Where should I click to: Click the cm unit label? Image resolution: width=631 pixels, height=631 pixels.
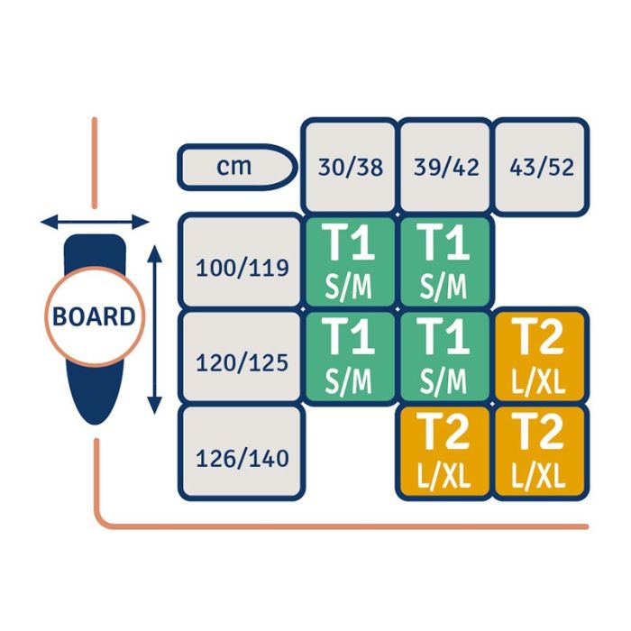click(235, 167)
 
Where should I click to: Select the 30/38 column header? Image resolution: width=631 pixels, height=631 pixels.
click(350, 167)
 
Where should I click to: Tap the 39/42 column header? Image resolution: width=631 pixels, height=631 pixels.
click(445, 167)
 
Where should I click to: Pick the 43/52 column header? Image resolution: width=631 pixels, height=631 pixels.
click(541, 167)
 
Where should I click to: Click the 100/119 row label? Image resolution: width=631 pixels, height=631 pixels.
click(242, 267)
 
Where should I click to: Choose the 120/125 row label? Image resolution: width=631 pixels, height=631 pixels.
click(242, 362)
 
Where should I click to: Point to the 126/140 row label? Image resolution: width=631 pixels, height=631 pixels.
click(242, 458)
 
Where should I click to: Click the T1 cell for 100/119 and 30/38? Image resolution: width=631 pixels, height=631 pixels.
click(350, 261)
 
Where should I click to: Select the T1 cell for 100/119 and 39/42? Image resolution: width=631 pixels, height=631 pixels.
click(445, 261)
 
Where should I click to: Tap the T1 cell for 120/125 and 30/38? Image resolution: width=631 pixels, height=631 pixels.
click(350, 357)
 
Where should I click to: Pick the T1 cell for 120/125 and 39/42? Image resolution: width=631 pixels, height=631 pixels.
click(445, 357)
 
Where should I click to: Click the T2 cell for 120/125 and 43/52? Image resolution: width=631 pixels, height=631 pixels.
click(541, 357)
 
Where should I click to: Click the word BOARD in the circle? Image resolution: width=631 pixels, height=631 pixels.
click(94, 317)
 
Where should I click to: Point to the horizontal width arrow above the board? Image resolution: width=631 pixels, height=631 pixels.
click(95, 221)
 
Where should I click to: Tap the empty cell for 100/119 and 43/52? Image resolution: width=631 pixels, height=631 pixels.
click(541, 261)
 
